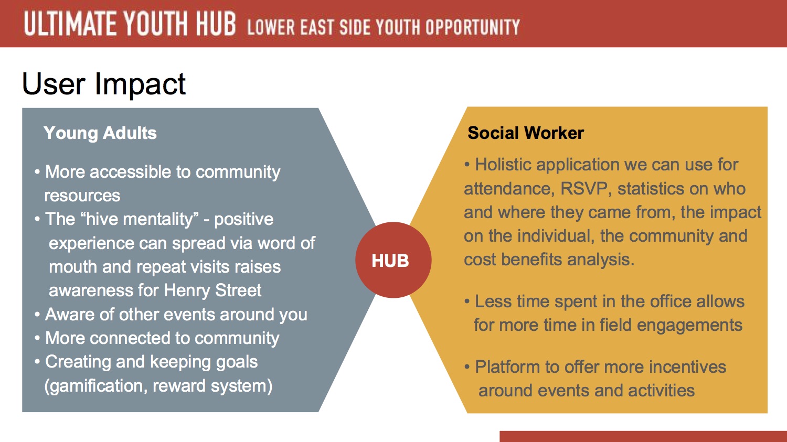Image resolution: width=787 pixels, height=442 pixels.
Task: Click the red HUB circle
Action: click(x=393, y=260)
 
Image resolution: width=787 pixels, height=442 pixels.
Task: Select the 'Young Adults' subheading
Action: click(x=100, y=133)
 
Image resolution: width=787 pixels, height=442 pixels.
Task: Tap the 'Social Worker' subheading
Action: click(x=526, y=133)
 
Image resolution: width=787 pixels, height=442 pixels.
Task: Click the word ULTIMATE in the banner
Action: click(x=70, y=24)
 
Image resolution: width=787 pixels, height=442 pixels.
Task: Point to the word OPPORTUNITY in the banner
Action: click(x=473, y=27)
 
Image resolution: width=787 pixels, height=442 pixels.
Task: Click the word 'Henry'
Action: click(x=187, y=290)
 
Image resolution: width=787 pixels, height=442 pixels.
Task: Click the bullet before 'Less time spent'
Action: click(x=467, y=301)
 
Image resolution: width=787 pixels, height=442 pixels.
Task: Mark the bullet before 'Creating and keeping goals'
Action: click(x=37, y=362)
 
